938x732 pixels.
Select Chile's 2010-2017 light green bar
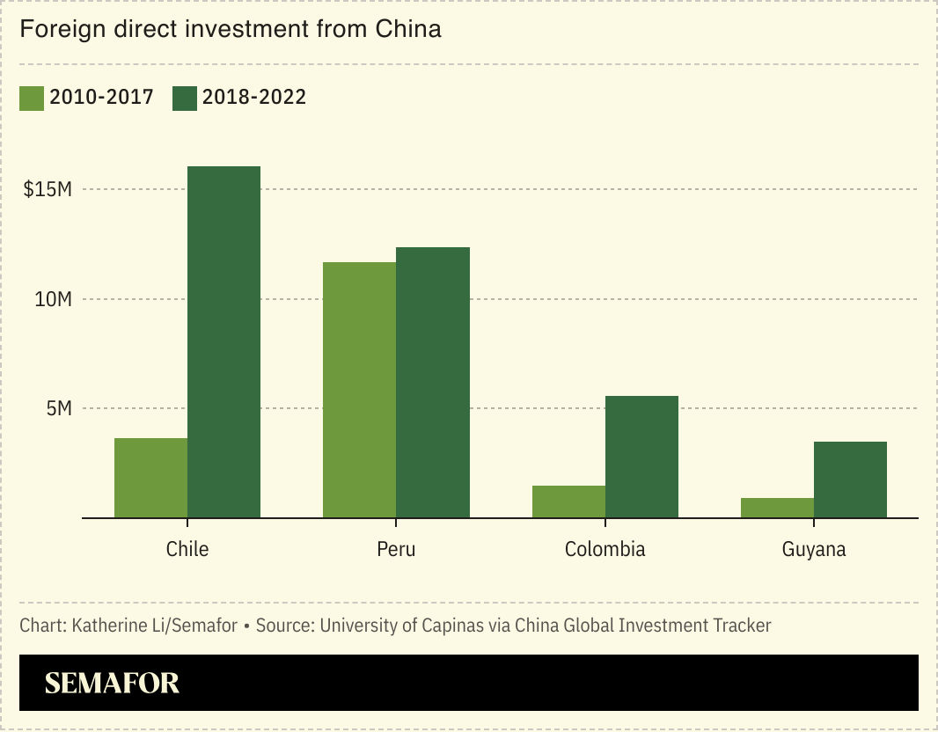coord(150,478)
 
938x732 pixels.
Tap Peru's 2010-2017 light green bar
coord(359,390)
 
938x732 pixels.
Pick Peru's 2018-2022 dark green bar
coord(432,383)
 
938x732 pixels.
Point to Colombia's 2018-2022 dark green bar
coord(641,457)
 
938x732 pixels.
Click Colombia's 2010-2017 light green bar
coord(568,501)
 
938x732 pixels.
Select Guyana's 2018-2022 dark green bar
coord(850,479)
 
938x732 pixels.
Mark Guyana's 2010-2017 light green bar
coord(777,508)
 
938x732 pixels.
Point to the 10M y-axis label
coord(53,299)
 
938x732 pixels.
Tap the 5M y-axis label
coord(58,408)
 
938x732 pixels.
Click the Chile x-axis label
coord(187,549)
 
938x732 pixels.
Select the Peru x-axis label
coord(396,549)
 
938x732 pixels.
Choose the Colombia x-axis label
coord(605,549)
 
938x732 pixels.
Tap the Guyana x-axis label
coord(814,549)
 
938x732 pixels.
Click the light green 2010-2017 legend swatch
coord(31,98)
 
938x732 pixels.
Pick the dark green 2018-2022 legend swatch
coord(185,98)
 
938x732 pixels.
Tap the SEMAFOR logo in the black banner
coord(112,683)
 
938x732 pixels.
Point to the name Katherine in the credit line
coord(107,626)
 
